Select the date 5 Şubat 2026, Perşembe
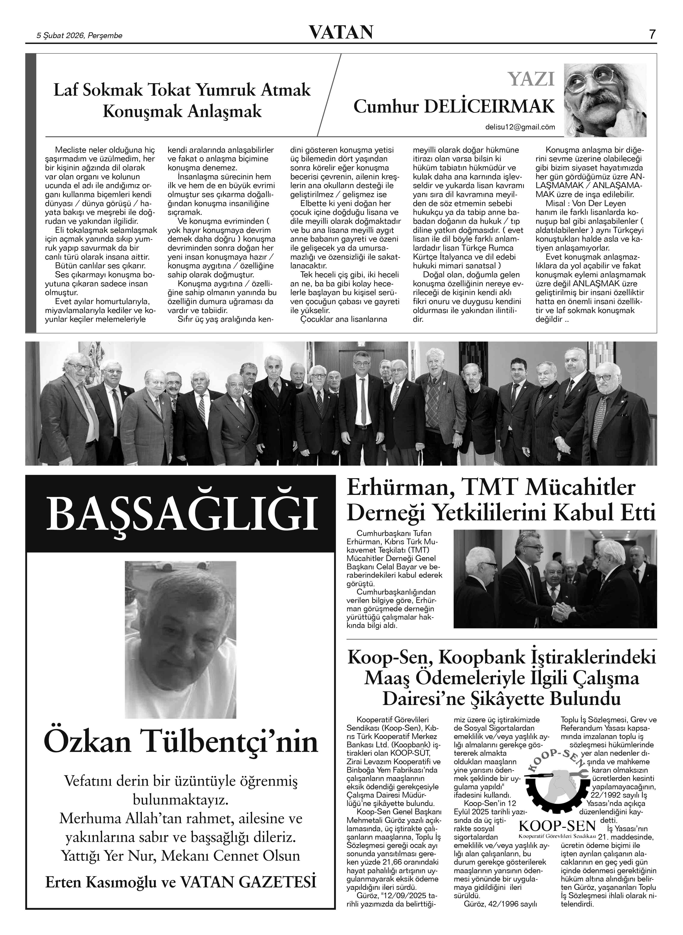click(80, 36)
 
